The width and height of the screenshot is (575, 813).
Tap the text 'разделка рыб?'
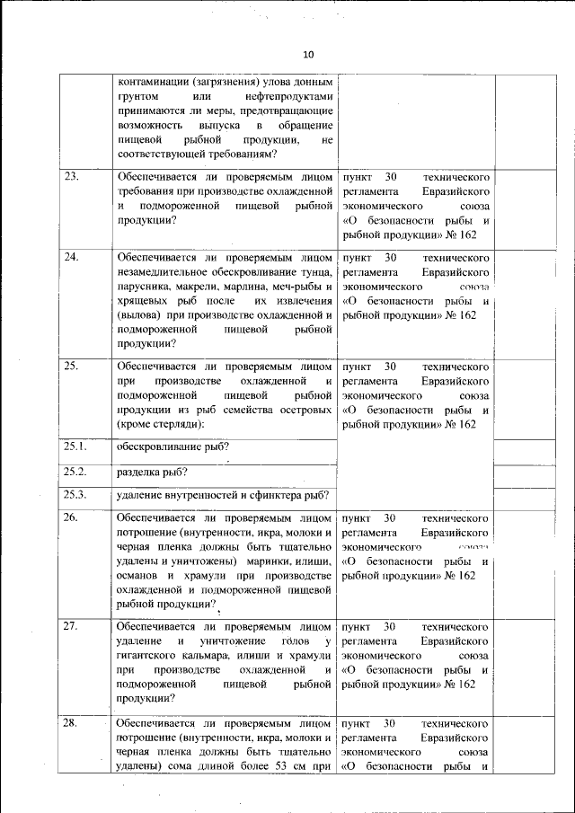pos(153,472)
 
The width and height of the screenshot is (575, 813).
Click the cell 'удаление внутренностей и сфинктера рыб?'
pos(223,495)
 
